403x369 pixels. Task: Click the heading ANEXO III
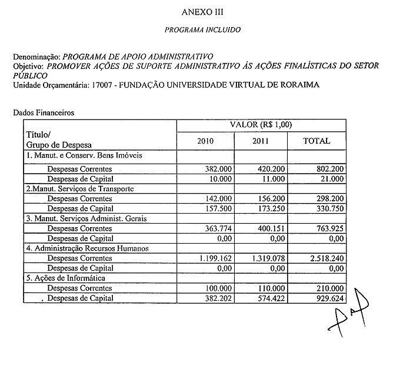pyautogui.click(x=203, y=11)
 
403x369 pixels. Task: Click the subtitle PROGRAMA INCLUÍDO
pyautogui.click(x=203, y=28)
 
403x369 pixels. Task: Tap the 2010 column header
pyautogui.click(x=205, y=141)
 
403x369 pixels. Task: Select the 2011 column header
pyautogui.click(x=261, y=141)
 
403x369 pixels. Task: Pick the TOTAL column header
pyautogui.click(x=316, y=141)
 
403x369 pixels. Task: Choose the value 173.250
pyautogui.click(x=271, y=208)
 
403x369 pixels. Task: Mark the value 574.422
pyautogui.click(x=271, y=298)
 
